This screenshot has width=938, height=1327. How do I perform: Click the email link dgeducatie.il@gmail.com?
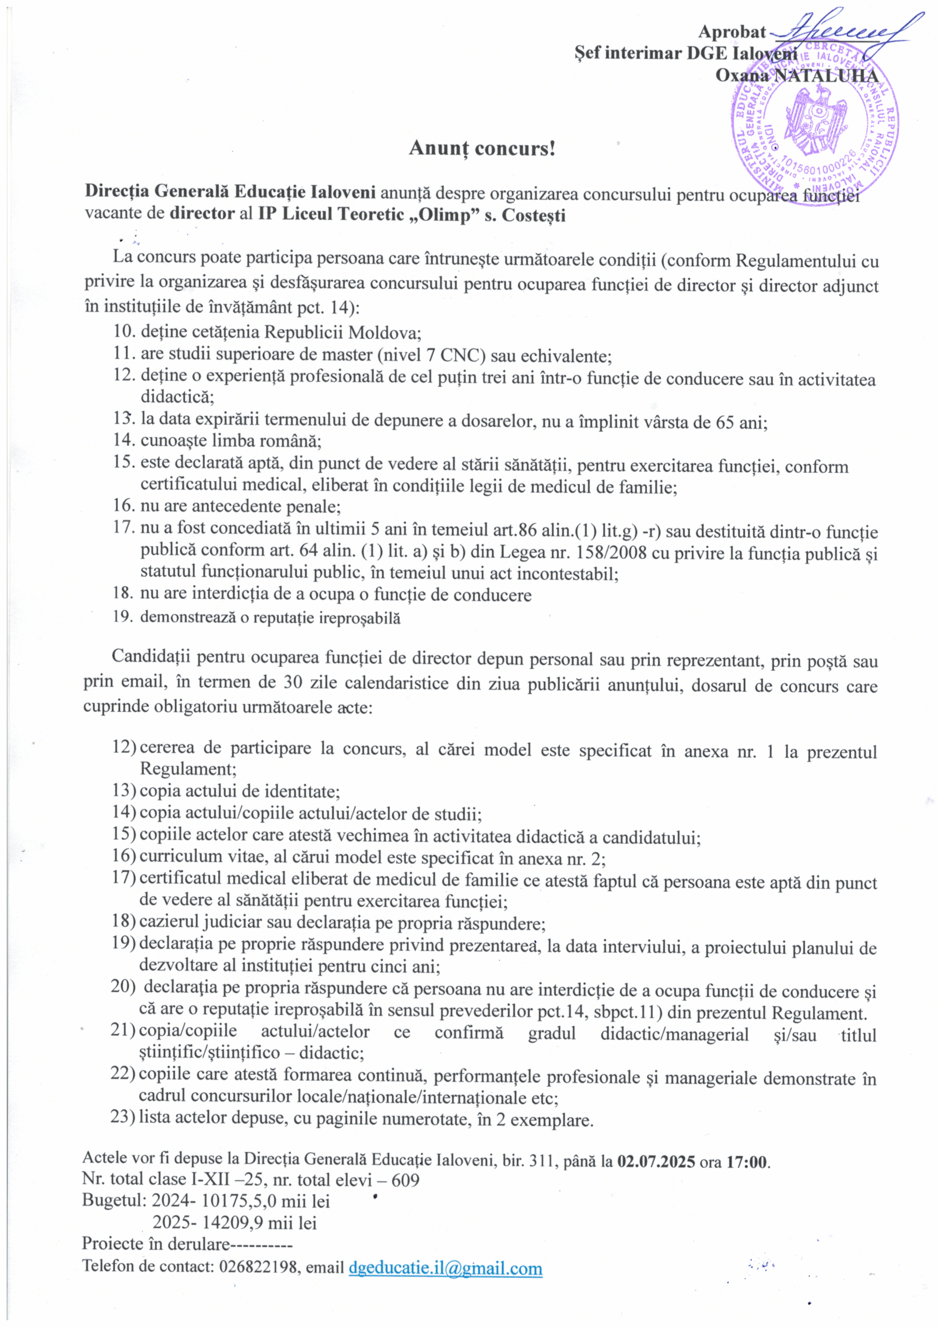(x=446, y=1268)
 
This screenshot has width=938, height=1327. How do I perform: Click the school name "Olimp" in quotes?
(x=467, y=215)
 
